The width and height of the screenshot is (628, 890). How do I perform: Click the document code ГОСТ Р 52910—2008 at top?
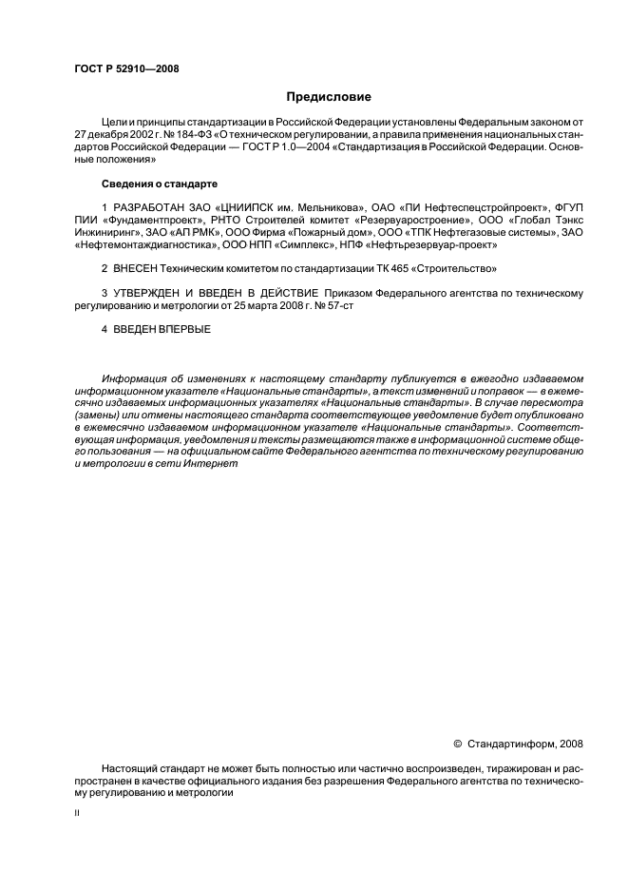[x=125, y=68]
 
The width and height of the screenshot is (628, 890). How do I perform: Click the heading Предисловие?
[x=329, y=96]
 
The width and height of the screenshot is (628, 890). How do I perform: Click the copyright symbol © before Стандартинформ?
[x=458, y=745]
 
